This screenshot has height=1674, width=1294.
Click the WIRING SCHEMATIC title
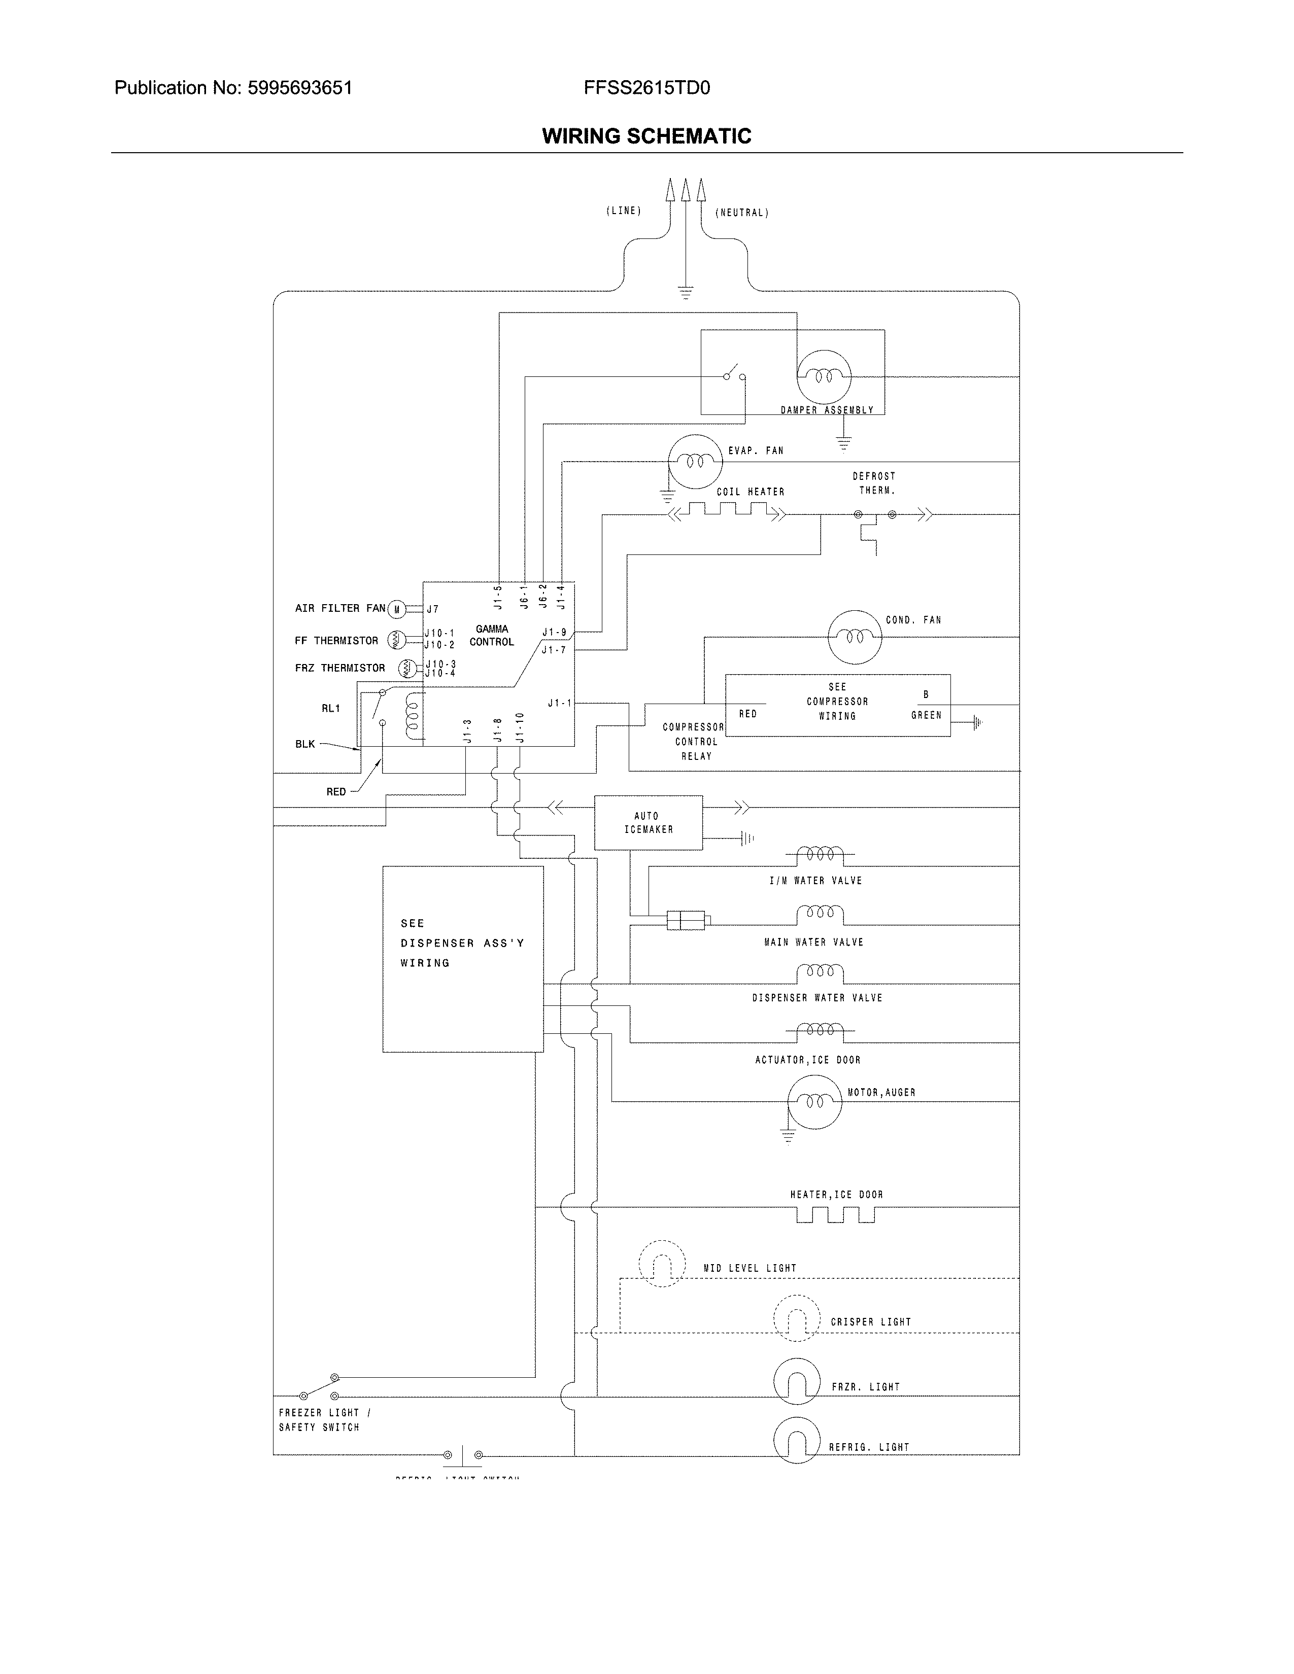pos(646,136)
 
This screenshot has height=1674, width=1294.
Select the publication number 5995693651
pos(300,88)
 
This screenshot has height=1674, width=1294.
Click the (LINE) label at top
pos(623,211)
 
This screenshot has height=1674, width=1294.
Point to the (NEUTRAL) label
pos(741,213)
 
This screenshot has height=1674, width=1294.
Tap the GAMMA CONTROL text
pos(491,636)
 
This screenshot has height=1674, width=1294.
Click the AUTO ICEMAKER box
pos(648,822)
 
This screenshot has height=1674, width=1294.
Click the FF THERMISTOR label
pos(336,641)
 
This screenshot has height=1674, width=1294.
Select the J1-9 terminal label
pos(554,633)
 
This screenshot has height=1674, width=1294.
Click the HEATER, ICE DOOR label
pos(836,1195)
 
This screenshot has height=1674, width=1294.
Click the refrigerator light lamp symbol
pos(797,1440)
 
